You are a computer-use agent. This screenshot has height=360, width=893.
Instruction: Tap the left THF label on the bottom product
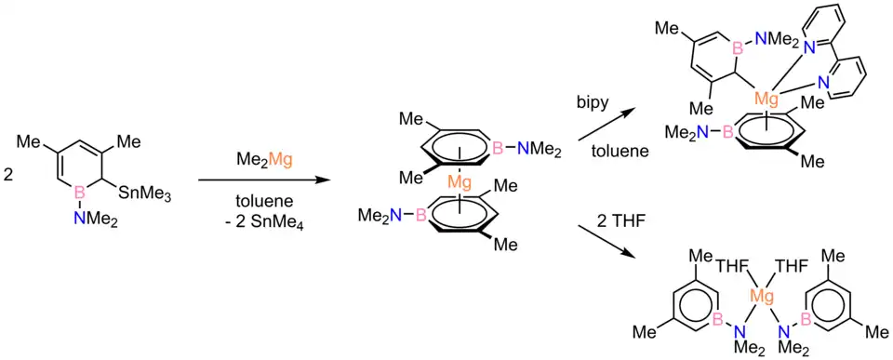pos(730,265)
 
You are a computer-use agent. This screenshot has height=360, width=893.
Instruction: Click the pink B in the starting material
pos(80,195)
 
